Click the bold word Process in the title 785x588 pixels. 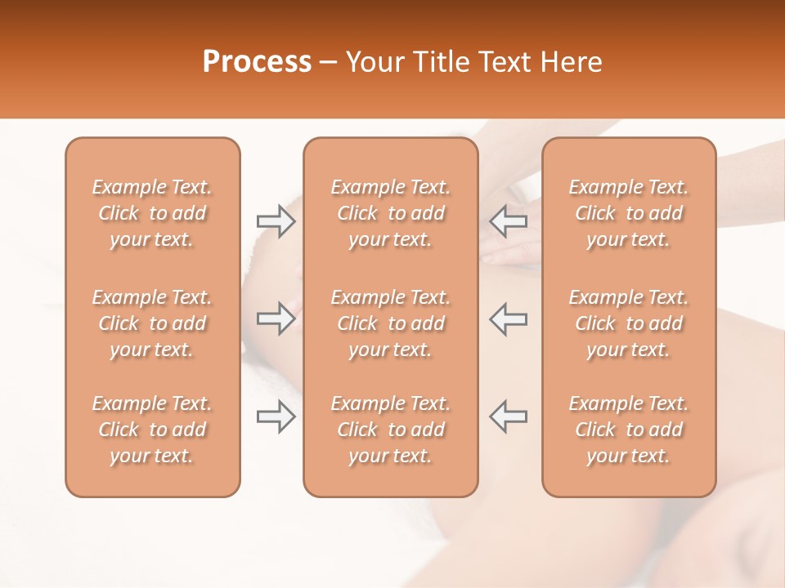[x=257, y=62]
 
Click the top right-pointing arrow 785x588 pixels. [x=276, y=221]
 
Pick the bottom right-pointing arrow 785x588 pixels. [x=276, y=416]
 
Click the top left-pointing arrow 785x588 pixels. [x=509, y=221]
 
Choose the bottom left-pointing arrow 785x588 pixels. [x=509, y=416]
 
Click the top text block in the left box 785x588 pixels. [x=152, y=213]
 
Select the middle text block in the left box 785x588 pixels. [x=152, y=323]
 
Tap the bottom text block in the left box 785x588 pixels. [x=152, y=430]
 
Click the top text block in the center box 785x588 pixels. [x=391, y=213]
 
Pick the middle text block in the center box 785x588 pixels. [x=391, y=323]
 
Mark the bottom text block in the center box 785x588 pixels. [x=391, y=430]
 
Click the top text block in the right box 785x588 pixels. [x=629, y=213]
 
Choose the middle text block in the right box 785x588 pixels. [x=629, y=323]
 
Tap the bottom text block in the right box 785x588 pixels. [x=629, y=430]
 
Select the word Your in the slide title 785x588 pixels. [x=373, y=62]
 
